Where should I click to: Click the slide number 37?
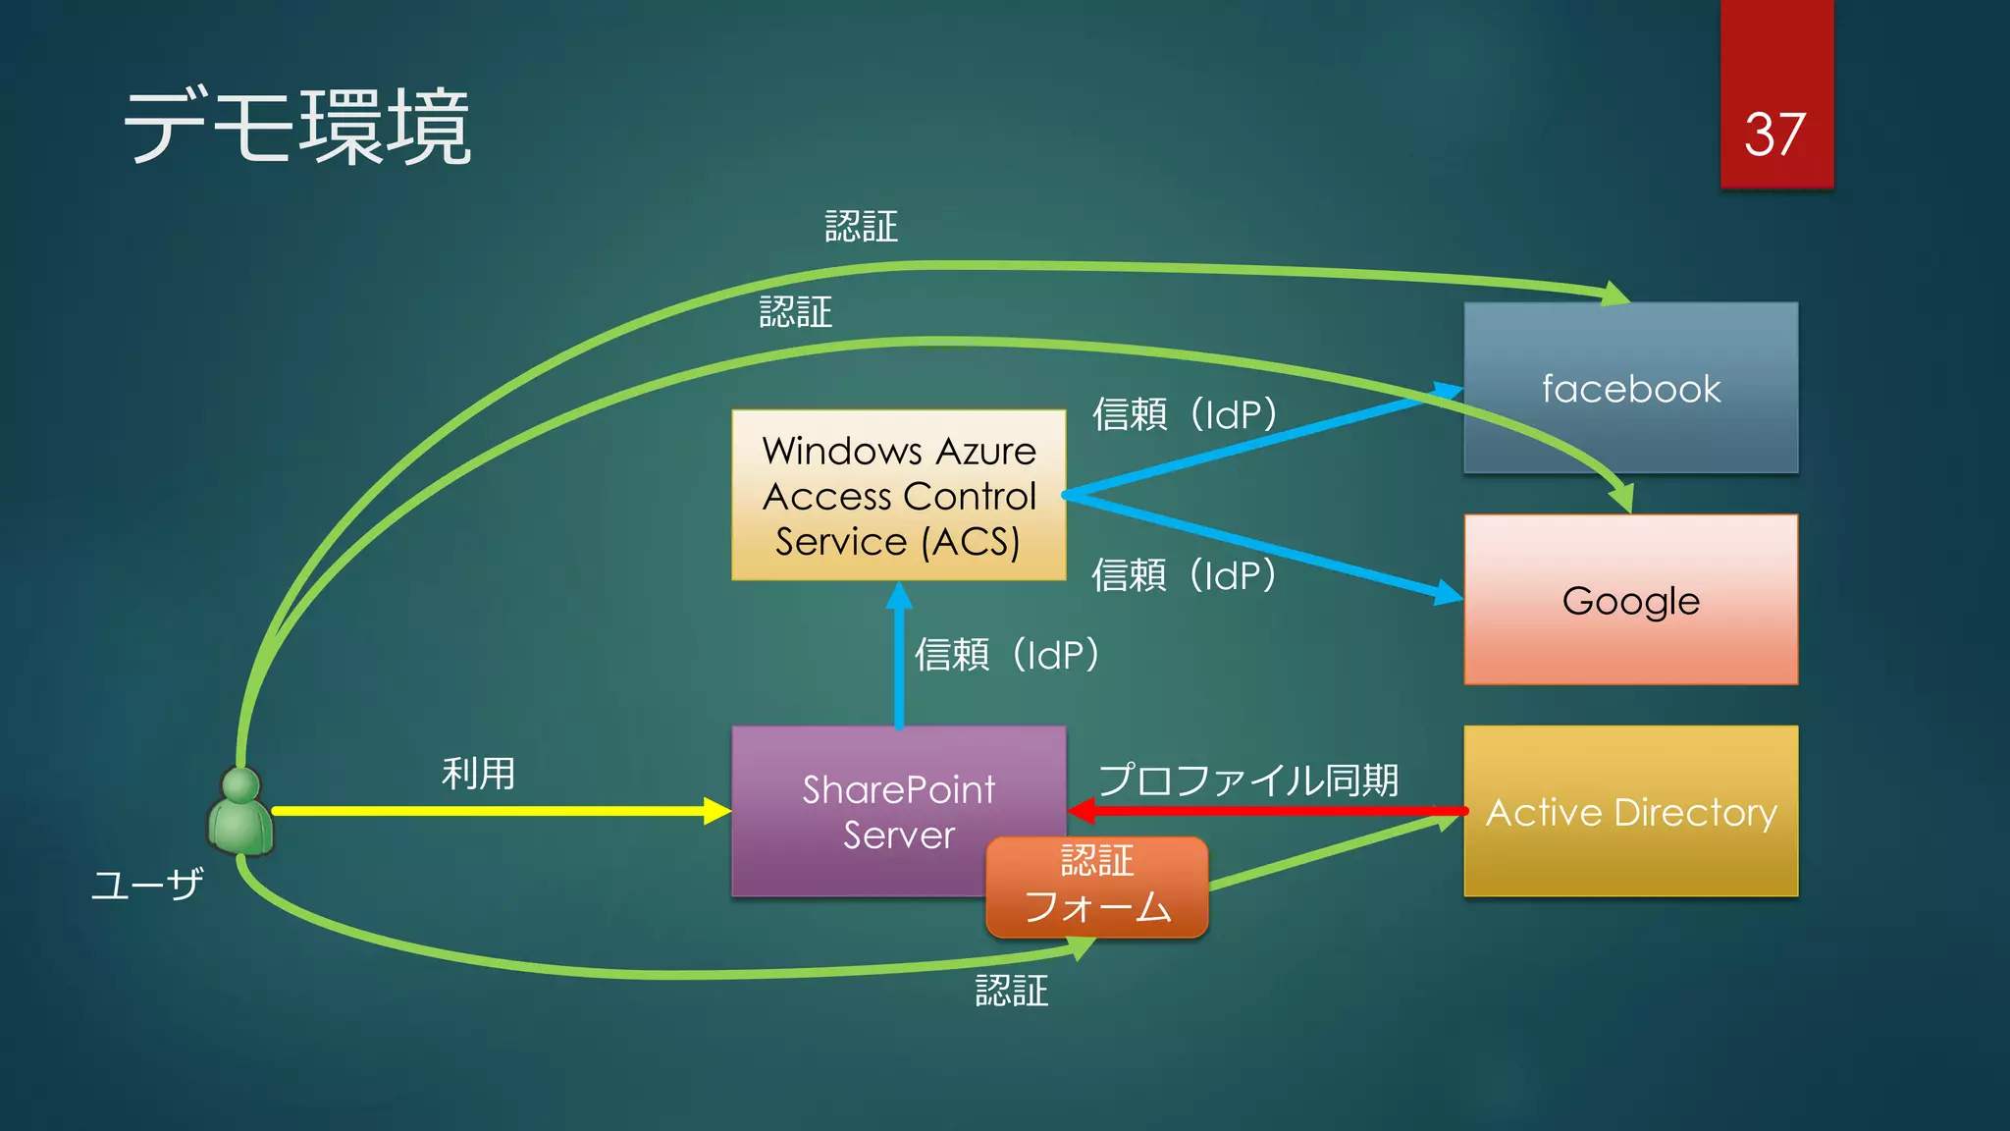[1774, 135]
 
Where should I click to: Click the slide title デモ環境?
[297, 128]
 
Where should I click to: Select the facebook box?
[1630, 389]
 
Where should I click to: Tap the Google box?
[1630, 601]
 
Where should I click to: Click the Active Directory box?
[1630, 813]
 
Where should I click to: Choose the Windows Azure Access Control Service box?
[898, 496]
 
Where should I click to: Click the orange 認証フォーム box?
[1096, 886]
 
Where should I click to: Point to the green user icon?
[240, 813]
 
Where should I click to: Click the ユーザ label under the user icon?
[147, 886]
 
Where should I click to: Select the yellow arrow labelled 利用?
[491, 811]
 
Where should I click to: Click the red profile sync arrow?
[1266, 811]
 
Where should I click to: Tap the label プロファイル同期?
[1248, 780]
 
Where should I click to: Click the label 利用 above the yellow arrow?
[478, 774]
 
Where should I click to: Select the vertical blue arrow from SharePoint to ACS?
[899, 658]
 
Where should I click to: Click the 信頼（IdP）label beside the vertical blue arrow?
[1007, 655]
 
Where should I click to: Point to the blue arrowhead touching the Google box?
[1447, 592]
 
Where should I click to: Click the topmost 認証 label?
[861, 227]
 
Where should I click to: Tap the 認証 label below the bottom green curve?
[1011, 991]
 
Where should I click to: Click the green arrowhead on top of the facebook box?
[1614, 294]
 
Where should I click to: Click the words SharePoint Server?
[898, 812]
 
